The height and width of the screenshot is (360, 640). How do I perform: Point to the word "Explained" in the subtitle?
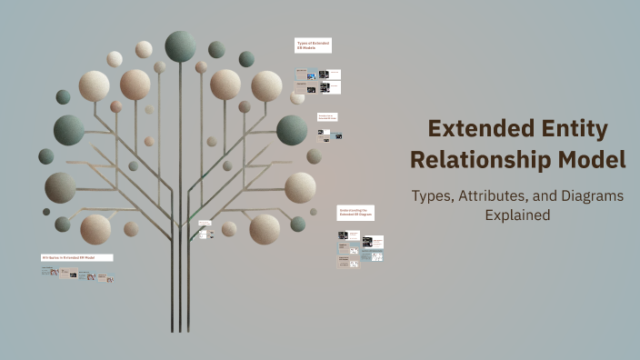tap(518, 215)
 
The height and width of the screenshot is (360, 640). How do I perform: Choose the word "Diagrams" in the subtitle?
tap(591, 195)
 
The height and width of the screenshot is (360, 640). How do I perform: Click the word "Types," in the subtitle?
tap(434, 195)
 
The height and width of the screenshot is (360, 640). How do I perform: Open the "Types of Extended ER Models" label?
tap(312, 45)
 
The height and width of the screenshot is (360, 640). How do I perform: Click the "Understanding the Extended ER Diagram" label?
tap(355, 213)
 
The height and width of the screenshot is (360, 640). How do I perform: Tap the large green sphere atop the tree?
tap(180, 45)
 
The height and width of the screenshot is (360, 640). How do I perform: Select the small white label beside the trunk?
tap(205, 223)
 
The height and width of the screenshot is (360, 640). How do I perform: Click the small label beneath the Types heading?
tap(328, 117)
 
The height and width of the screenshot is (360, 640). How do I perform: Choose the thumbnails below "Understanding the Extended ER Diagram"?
tap(360, 246)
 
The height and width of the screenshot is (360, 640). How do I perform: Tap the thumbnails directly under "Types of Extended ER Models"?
tap(318, 80)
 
